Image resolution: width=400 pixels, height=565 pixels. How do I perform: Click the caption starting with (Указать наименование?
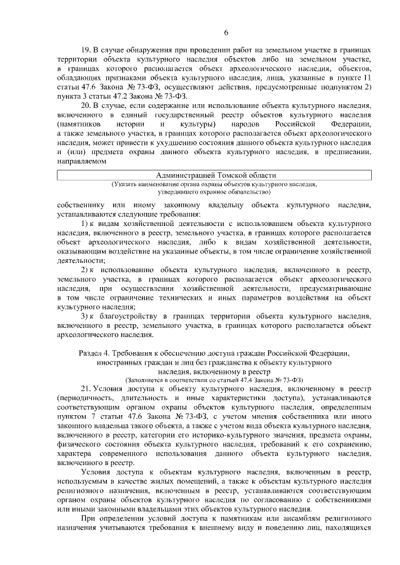click(x=214, y=185)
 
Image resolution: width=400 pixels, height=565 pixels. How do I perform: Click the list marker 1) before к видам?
click(x=88, y=223)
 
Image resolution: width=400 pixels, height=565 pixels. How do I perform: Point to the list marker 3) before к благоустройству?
click(x=88, y=316)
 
